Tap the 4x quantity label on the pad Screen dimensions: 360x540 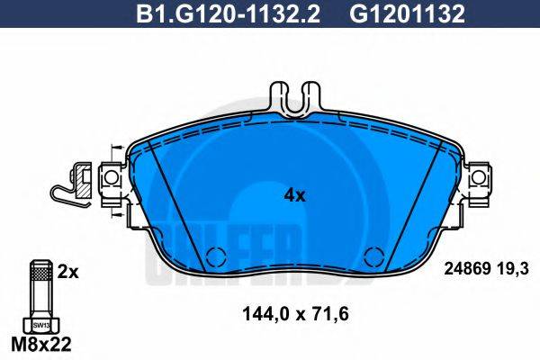pyautogui.click(x=295, y=193)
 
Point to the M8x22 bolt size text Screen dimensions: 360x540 pyautogui.click(x=40, y=346)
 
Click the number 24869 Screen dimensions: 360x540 pyautogui.click(x=466, y=268)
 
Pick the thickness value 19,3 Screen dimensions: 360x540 pyautogui.click(x=511, y=268)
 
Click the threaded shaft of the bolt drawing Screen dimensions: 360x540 pyautogui.click(x=40, y=288)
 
